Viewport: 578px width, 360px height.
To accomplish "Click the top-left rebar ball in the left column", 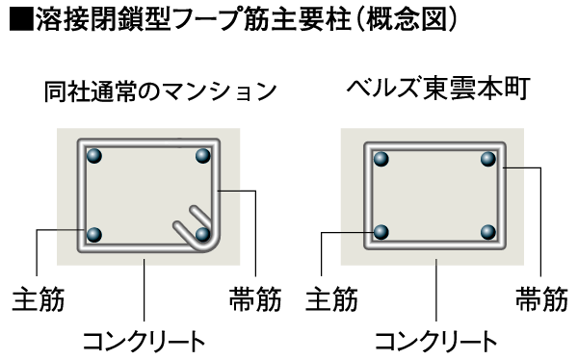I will (94, 156).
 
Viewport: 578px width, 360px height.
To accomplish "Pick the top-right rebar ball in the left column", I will (202, 156).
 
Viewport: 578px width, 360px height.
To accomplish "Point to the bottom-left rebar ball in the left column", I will (94, 234).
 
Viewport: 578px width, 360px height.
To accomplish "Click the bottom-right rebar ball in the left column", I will (202, 234).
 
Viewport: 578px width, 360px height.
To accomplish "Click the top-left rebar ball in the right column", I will (381, 157).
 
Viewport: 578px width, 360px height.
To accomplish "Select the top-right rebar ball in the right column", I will (488, 157).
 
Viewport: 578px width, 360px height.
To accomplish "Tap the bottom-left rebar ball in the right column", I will (381, 232).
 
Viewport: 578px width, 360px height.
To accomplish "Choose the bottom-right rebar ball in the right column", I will (488, 232).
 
